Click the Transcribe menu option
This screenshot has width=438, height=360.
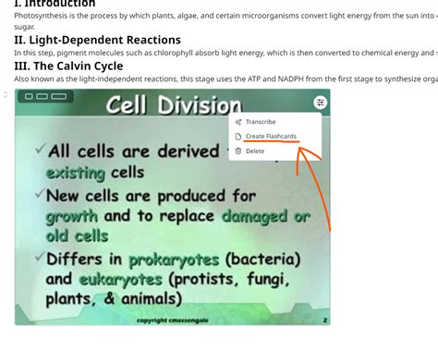260,122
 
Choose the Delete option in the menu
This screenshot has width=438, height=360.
254,150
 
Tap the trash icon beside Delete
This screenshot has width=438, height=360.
238,150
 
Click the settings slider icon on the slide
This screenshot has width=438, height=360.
320,102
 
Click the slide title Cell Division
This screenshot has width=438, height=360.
173,105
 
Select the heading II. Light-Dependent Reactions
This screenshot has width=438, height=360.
97,40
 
